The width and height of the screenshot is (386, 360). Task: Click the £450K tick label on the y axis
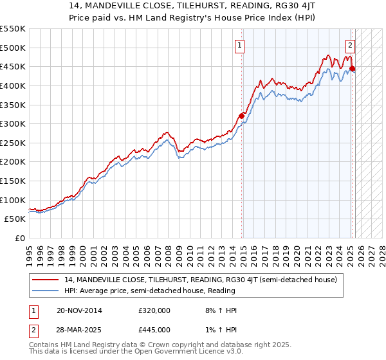(x=13, y=66)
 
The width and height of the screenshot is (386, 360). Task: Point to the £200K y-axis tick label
(x=13, y=162)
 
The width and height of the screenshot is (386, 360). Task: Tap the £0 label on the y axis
(x=19, y=239)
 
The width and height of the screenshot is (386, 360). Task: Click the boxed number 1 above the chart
(x=239, y=45)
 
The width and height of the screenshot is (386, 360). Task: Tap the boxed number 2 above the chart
(x=350, y=45)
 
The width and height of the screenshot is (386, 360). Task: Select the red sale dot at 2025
(x=353, y=68)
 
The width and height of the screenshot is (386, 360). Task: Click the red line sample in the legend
(x=46, y=280)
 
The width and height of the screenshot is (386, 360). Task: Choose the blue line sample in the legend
(x=46, y=291)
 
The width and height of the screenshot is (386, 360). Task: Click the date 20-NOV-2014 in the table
(x=79, y=310)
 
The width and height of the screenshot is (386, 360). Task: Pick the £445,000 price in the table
(x=154, y=329)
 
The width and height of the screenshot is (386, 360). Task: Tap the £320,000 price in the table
(x=154, y=310)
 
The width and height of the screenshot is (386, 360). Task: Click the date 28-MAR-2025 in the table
(x=79, y=329)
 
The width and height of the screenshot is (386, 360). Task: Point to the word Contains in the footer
(x=44, y=345)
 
